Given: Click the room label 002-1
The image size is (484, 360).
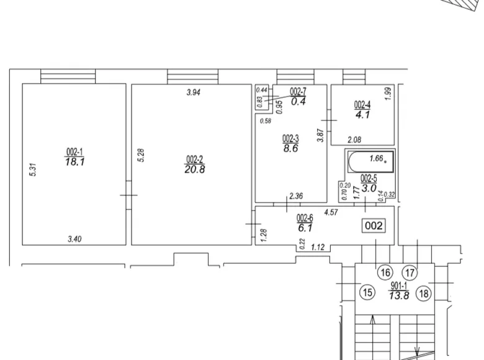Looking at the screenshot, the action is pyautogui.click(x=74, y=152).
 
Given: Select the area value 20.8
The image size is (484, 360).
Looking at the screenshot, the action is pyautogui.click(x=195, y=169).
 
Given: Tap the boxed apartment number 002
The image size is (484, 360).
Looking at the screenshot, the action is pyautogui.click(x=374, y=226).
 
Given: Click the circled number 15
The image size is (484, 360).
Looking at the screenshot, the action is pyautogui.click(x=367, y=292).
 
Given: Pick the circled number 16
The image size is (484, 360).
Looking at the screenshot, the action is pyautogui.click(x=385, y=272).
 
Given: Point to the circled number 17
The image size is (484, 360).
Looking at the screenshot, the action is pyautogui.click(x=410, y=273).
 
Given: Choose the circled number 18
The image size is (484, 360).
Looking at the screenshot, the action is pyautogui.click(x=424, y=294).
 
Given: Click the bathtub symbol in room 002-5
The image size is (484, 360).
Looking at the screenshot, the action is pyautogui.click(x=370, y=161).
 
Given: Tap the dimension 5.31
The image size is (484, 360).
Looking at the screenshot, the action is pyautogui.click(x=34, y=170).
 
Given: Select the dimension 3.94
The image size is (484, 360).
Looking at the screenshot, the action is pyautogui.click(x=194, y=92).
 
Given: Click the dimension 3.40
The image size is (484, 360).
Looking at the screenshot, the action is pyautogui.click(x=74, y=239).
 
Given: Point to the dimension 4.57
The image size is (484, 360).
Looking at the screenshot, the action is pyautogui.click(x=331, y=212).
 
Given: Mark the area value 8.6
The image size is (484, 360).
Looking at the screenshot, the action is pyautogui.click(x=291, y=148).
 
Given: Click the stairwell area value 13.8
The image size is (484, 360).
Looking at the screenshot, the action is pyautogui.click(x=399, y=296).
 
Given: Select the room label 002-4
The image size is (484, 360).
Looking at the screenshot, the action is pyautogui.click(x=362, y=105).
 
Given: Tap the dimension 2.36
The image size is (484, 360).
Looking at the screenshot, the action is pyautogui.click(x=296, y=196).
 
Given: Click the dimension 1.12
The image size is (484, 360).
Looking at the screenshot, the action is pyautogui.click(x=318, y=247).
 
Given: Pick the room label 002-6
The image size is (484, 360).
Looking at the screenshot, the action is pyautogui.click(x=305, y=218).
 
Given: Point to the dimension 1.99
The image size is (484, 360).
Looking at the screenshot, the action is pyautogui.click(x=388, y=93).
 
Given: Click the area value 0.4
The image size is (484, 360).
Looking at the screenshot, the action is pyautogui.click(x=298, y=101).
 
